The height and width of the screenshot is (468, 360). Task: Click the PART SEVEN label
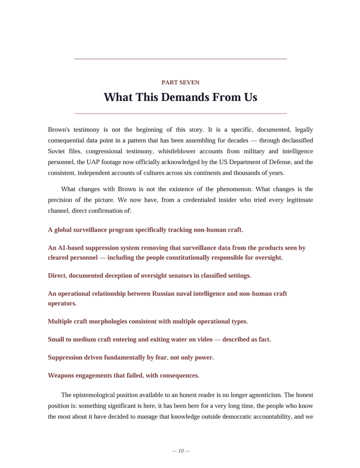click(180, 83)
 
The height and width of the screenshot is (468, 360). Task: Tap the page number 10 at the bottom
click(181, 451)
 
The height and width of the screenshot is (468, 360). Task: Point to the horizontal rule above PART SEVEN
click(180, 59)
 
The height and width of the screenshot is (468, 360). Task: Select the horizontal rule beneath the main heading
click(180, 113)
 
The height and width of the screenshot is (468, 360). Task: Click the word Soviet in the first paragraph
click(56, 151)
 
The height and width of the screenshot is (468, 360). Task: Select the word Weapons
click(61, 375)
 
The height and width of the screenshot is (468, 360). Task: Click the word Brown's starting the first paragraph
click(58, 130)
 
